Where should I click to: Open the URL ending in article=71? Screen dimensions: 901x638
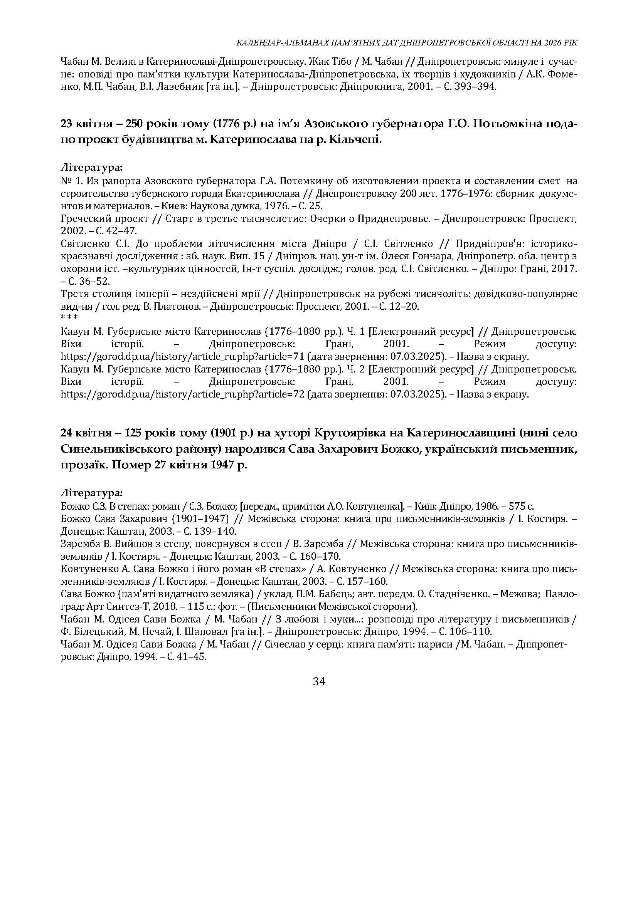[x=183, y=357]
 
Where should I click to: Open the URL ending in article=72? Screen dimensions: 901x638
[x=183, y=394]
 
